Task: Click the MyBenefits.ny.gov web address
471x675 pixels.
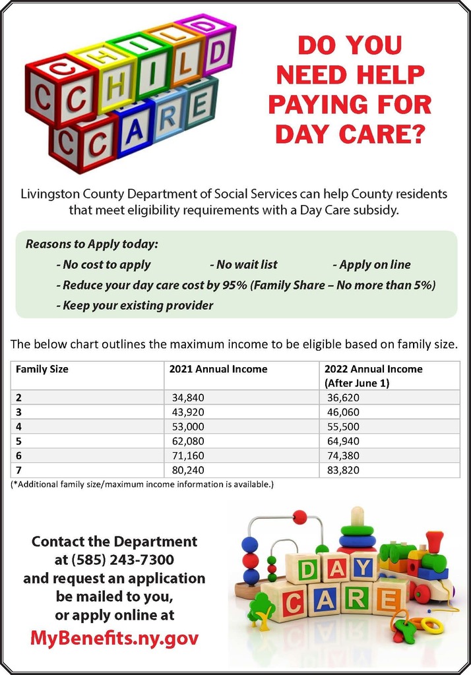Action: pyautogui.click(x=114, y=638)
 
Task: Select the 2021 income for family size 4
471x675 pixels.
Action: pyautogui.click(x=185, y=426)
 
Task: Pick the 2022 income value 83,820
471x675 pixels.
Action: pyautogui.click(x=343, y=470)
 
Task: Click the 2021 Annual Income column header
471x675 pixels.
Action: pyautogui.click(x=218, y=369)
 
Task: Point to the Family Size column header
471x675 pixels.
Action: pyautogui.click(x=42, y=369)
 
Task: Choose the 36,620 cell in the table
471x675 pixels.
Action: pyautogui.click(x=343, y=397)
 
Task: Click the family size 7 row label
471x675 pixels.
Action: pyautogui.click(x=18, y=470)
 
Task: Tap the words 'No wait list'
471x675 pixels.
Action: pyautogui.click(x=243, y=264)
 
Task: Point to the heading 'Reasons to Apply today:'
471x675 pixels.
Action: pyautogui.click(x=92, y=244)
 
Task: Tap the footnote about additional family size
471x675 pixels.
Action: pyautogui.click(x=142, y=484)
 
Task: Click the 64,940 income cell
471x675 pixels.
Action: pyautogui.click(x=343, y=441)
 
